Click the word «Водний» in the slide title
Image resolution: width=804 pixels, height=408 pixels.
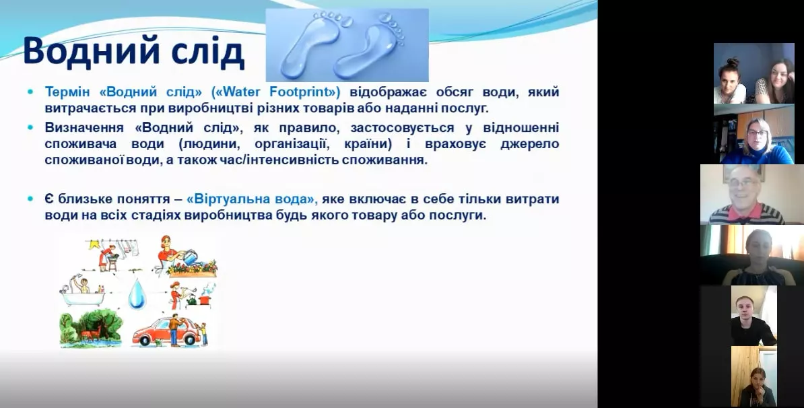[x=84, y=53]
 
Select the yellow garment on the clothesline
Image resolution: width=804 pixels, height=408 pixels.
[x=96, y=245]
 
